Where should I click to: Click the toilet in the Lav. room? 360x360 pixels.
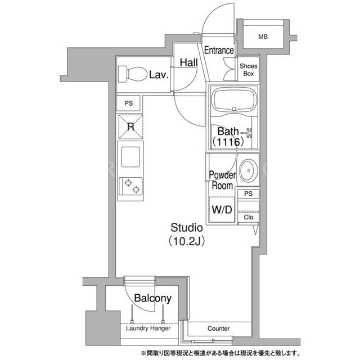pos(133,74)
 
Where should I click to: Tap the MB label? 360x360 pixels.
pos(263,37)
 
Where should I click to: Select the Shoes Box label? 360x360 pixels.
pos(249,70)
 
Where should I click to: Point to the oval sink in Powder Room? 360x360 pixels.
pos(249,170)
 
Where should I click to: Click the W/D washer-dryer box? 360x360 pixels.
pos(222,209)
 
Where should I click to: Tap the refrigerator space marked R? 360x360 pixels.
pos(130,127)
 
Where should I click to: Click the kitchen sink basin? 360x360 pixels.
pos(130,157)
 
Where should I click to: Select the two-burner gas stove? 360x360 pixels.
pos(130,186)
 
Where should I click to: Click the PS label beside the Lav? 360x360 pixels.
pos(129,103)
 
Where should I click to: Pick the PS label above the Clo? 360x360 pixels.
pos(248,193)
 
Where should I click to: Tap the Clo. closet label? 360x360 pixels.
pos(249,217)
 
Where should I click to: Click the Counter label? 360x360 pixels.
pos(218,328)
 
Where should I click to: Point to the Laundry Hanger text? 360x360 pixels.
pos(148,328)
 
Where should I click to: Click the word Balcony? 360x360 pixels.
pos(152,298)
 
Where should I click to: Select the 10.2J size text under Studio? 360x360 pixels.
pos(186,241)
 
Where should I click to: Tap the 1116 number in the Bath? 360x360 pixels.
pos(228,142)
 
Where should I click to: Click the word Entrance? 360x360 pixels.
pos(219,50)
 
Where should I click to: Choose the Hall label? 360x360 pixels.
pos(189,62)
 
